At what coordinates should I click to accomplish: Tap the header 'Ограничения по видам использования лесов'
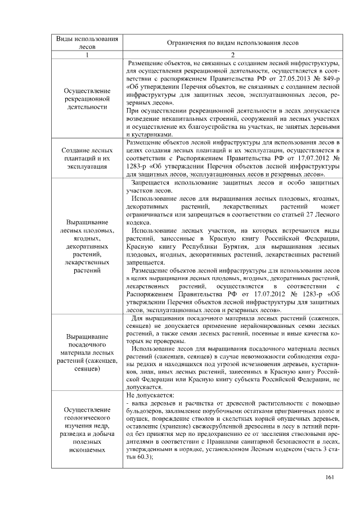coord(232,43)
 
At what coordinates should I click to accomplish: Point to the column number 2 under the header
coord(232,55)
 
